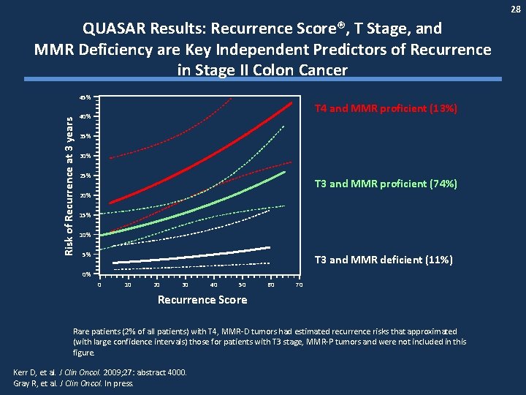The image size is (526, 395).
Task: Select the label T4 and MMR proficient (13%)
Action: (x=385, y=108)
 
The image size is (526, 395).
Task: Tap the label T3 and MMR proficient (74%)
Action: (x=385, y=184)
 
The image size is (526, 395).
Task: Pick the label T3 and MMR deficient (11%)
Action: (x=383, y=260)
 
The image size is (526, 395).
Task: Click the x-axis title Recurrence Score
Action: (x=202, y=300)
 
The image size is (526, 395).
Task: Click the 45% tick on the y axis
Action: (x=85, y=97)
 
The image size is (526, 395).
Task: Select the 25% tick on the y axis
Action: (x=85, y=176)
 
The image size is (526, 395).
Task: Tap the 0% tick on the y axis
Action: (x=86, y=274)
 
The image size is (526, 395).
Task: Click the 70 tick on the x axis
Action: (x=299, y=284)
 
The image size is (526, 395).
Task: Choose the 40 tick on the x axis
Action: (x=213, y=284)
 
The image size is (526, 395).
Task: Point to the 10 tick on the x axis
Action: (x=128, y=284)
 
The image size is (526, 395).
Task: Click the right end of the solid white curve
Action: (x=270, y=248)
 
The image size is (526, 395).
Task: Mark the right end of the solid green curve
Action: (x=285, y=173)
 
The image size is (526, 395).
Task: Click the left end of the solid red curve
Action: (x=110, y=202)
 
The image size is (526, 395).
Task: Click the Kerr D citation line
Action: (x=99, y=372)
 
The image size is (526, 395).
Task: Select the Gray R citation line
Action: (x=74, y=382)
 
